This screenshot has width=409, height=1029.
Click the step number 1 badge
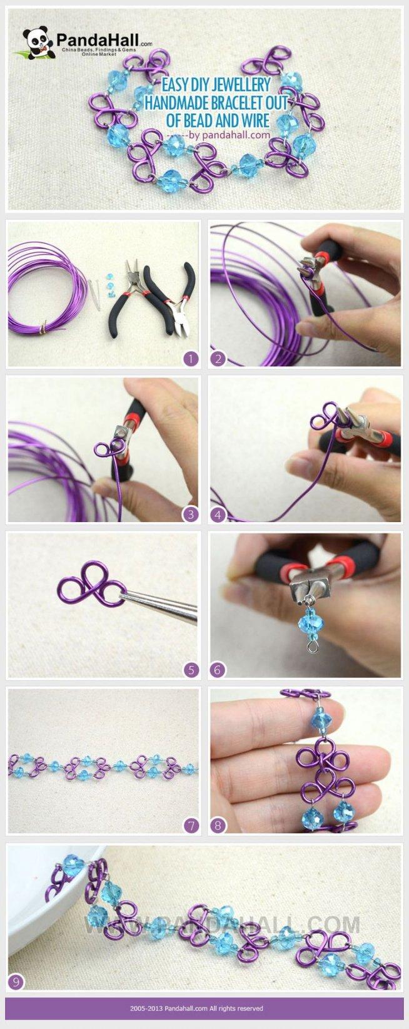point(191,359)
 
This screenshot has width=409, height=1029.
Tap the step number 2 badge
point(218,359)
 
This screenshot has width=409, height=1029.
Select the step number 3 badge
point(191,514)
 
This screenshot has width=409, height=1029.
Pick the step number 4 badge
point(218,514)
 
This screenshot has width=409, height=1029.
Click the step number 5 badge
point(191,670)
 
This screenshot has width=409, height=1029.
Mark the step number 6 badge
point(218,670)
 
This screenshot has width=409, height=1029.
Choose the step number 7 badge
point(191,826)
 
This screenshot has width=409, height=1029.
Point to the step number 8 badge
point(218,826)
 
